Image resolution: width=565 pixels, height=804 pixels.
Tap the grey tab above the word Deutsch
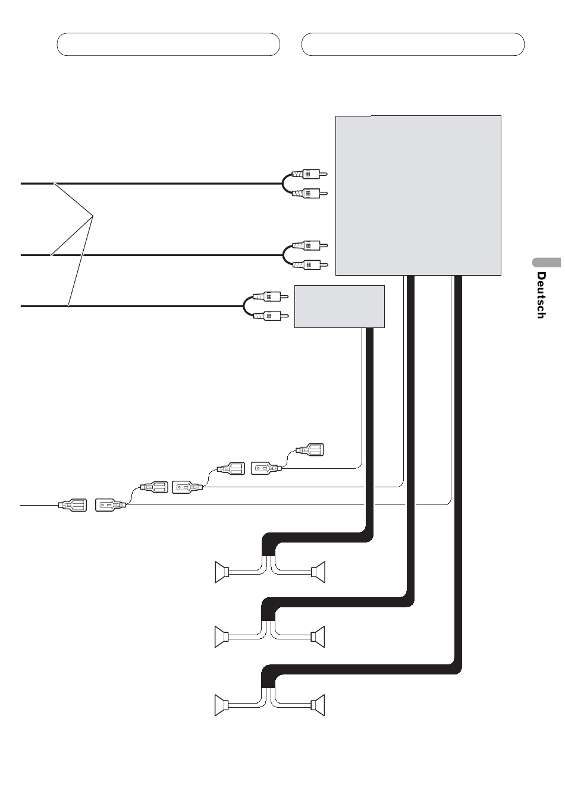pyautogui.click(x=547, y=263)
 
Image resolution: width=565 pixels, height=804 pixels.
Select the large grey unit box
pyautogui.click(x=418, y=196)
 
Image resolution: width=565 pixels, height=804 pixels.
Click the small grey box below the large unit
pyautogui.click(x=340, y=307)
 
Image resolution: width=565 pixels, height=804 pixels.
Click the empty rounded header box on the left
pyautogui.click(x=168, y=44)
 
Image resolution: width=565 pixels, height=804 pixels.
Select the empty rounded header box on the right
pyautogui.click(x=413, y=44)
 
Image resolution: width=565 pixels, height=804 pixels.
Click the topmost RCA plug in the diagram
pyautogui.click(x=309, y=175)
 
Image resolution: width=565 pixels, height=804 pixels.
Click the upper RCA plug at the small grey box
pyautogui.click(x=271, y=297)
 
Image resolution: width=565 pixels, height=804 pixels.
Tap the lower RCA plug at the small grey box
pyautogui.click(x=271, y=316)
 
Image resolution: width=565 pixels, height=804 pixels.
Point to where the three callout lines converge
pyautogui.click(x=93, y=215)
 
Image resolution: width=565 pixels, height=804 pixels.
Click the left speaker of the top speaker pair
pyautogui.click(x=222, y=572)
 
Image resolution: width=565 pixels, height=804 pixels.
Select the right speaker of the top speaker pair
pyautogui.click(x=318, y=572)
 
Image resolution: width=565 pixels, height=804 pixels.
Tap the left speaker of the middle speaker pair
pyautogui.click(x=222, y=637)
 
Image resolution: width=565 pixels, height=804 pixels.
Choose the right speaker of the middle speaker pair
pyautogui.click(x=318, y=637)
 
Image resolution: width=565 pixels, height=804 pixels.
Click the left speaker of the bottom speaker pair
pyautogui.click(x=222, y=705)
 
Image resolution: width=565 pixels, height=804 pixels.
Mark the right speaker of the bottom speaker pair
pyautogui.click(x=318, y=705)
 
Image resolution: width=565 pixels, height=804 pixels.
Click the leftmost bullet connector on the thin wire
pyautogui.click(x=73, y=505)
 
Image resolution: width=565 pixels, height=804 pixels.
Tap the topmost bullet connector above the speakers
pyautogui.click(x=310, y=450)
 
